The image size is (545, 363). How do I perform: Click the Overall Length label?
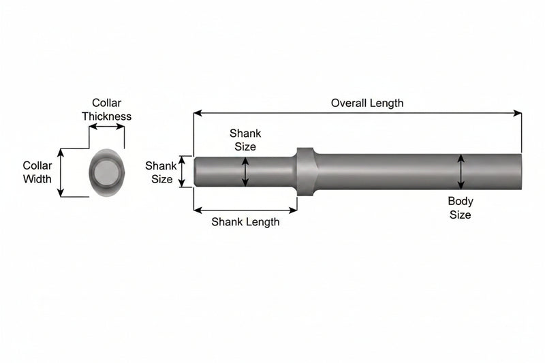367,103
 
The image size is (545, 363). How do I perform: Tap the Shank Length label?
245,222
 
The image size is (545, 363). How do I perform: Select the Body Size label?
461,208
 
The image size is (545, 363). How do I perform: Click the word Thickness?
107,116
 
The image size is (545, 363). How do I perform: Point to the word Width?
37,179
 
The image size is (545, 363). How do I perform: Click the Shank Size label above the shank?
245,140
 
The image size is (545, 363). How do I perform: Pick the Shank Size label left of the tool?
161,172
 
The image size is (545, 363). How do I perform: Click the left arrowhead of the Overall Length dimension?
198,113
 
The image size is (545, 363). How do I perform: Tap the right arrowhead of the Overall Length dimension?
518,113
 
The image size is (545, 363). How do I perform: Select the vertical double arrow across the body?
461,172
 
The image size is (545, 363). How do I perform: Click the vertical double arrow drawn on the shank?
245,172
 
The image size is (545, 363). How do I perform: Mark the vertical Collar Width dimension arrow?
61,172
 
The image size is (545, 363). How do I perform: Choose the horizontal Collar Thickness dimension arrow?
107,127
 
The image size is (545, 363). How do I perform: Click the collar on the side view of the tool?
306,172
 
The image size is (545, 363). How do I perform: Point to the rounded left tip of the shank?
196,172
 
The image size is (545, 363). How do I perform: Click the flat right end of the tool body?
520,172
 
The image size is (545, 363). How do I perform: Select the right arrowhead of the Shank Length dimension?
293,210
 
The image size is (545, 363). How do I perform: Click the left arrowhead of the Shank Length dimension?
198,210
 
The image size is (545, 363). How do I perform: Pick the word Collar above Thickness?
106,103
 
